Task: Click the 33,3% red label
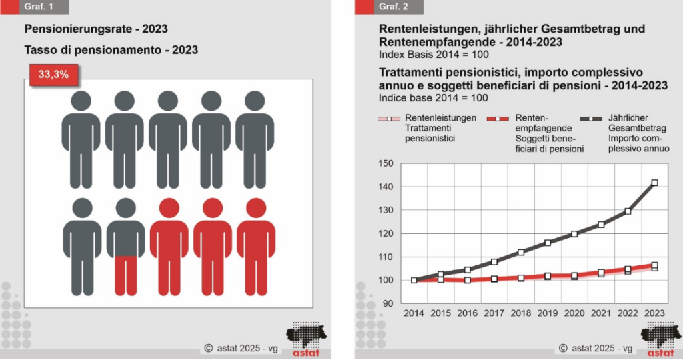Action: coord(53,75)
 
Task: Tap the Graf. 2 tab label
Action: coord(393,7)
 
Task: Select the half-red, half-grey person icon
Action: coord(125,247)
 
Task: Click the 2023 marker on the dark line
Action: coord(655,183)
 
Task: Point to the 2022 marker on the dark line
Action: coord(628,211)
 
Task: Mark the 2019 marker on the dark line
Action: coord(548,243)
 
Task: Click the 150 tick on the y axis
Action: coord(386,163)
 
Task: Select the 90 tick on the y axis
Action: coord(388,303)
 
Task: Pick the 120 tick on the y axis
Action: coord(386,233)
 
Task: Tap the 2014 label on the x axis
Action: coord(414,313)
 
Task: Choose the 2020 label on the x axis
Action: coord(574,313)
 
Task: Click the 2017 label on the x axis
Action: coord(494,313)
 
